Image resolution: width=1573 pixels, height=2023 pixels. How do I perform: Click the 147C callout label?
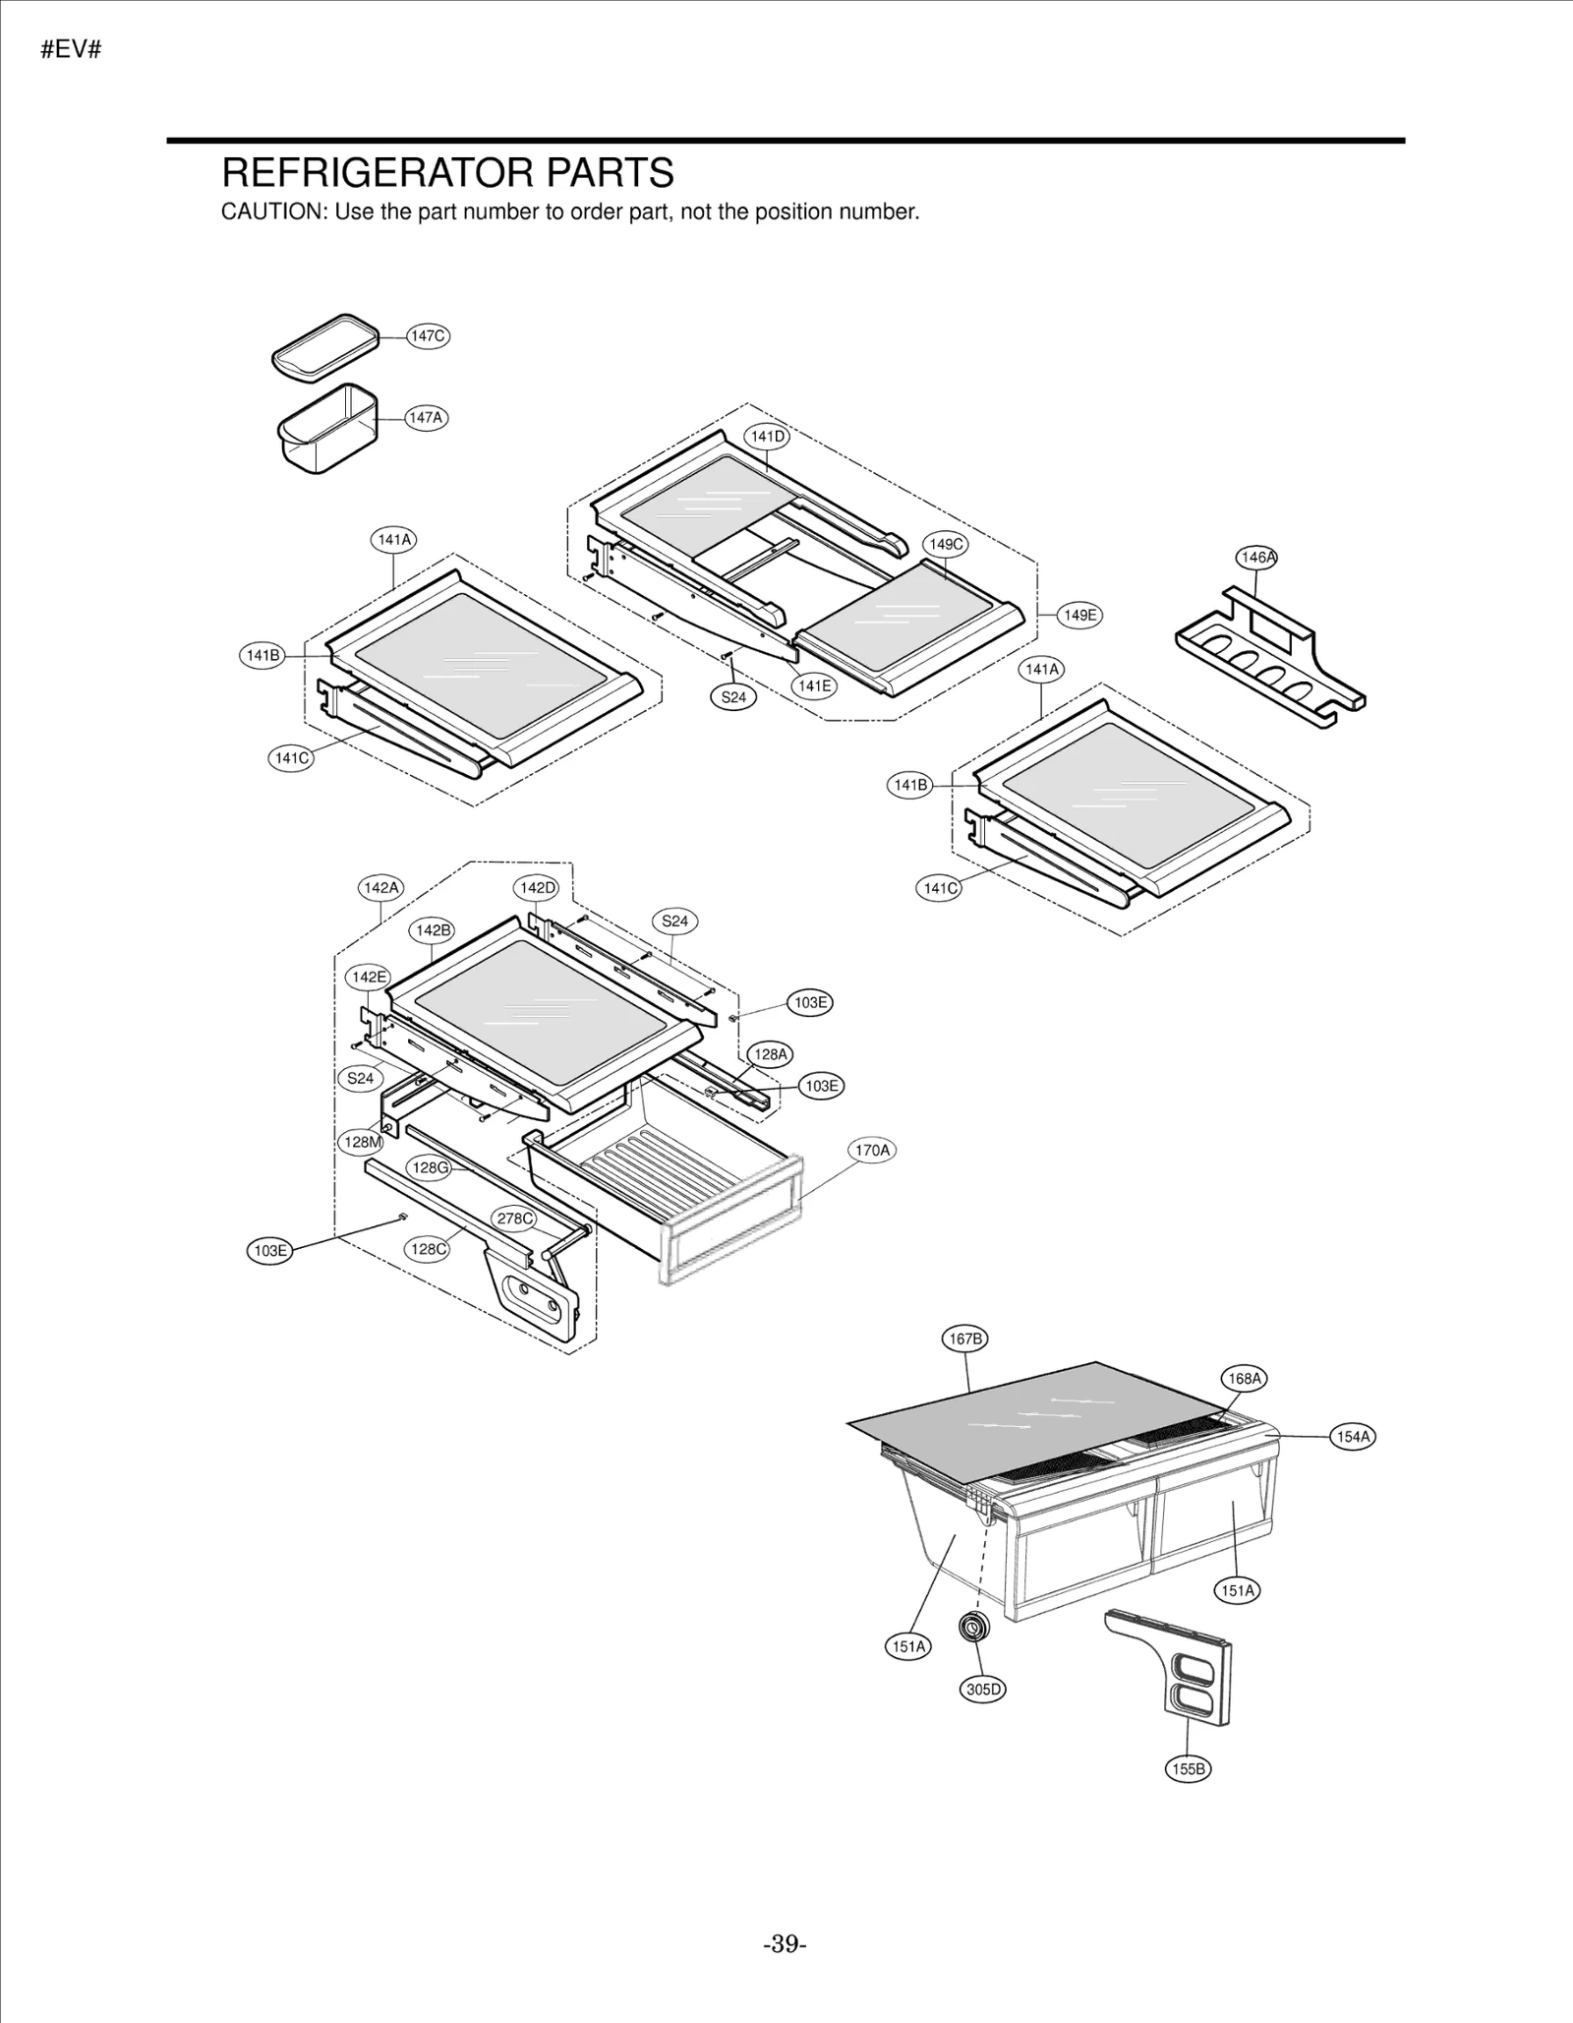[x=428, y=335]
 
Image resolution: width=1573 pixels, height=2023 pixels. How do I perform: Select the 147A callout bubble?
[x=426, y=417]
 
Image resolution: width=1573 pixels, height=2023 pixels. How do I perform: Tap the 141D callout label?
[x=767, y=436]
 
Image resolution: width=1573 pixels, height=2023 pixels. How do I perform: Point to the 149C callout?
[x=946, y=544]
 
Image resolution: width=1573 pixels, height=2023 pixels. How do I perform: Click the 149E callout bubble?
[x=1079, y=615]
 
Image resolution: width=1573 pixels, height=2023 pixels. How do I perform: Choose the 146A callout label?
[x=1256, y=557]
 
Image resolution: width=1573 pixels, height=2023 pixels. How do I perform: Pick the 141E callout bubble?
[x=814, y=685]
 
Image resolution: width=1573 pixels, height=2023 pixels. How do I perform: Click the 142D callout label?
[x=537, y=887]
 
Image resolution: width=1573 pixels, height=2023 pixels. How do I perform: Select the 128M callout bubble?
[x=361, y=1142]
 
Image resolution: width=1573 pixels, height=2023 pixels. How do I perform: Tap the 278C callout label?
[x=514, y=1219]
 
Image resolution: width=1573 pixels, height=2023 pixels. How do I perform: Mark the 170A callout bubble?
[x=871, y=1150]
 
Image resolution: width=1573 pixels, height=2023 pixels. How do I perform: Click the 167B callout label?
[x=964, y=1339]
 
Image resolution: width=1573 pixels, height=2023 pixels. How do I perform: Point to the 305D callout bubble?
[x=982, y=1690]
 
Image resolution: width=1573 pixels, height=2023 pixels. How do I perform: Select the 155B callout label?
[x=1188, y=1769]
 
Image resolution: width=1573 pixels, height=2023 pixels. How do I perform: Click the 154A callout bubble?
[x=1353, y=1436]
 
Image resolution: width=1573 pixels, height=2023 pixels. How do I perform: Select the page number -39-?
[x=785, y=1944]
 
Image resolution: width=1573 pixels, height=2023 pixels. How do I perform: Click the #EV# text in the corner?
[x=71, y=50]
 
